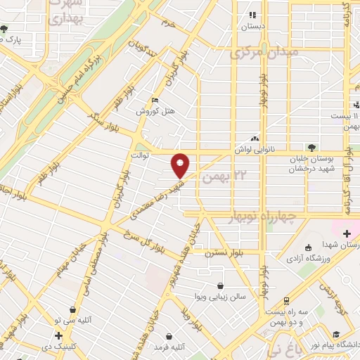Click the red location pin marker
(181, 165)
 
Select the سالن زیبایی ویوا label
(221, 297)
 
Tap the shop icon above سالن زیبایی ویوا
(221, 286)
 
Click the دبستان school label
(252, 25)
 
